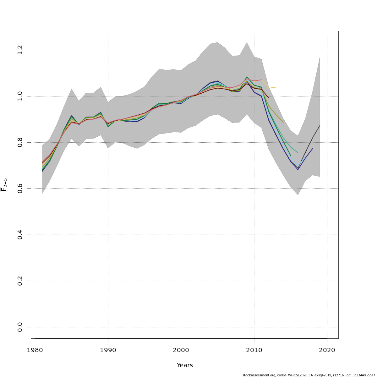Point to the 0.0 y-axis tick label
tap(20, 327)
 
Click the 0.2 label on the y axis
tap(20, 281)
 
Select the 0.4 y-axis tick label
tap(20, 235)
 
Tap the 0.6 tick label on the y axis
tap(20, 188)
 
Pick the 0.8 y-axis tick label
tap(20, 142)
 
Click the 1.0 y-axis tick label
tap(20, 96)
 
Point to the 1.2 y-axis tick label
tap(20, 50)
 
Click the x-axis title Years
tap(185, 365)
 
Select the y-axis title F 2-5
tap(4, 185)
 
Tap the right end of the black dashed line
tap(320, 125)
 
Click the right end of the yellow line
tap(276, 87)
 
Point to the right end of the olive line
tap(283, 123)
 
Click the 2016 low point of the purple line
tap(298, 170)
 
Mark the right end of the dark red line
tap(269, 98)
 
